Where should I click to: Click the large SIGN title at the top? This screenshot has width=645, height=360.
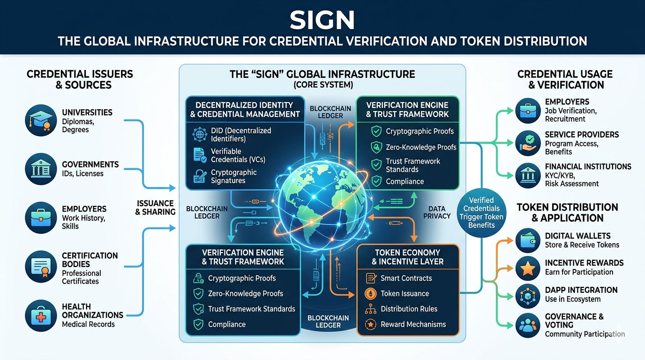(322, 20)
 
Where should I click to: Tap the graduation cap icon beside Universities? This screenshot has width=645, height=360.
(41, 120)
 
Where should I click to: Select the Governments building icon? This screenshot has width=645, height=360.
(41, 169)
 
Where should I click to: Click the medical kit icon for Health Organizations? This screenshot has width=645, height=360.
(41, 316)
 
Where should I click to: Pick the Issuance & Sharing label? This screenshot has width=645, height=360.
(155, 207)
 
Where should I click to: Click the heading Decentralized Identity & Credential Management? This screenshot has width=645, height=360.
(244, 109)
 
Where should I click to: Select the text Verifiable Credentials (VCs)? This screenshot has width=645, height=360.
(238, 155)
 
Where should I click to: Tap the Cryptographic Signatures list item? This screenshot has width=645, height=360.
(233, 176)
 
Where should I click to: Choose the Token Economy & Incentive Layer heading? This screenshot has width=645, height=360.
(407, 257)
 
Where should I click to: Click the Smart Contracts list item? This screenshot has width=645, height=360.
(406, 278)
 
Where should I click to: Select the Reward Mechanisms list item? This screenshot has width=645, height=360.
(413, 324)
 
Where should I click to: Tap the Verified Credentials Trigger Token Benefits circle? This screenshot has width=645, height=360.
(481, 212)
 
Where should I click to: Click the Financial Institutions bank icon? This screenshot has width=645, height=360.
(528, 175)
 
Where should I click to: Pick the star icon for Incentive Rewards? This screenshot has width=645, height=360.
(528, 268)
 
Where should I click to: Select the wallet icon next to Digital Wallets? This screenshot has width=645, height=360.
(528, 240)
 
